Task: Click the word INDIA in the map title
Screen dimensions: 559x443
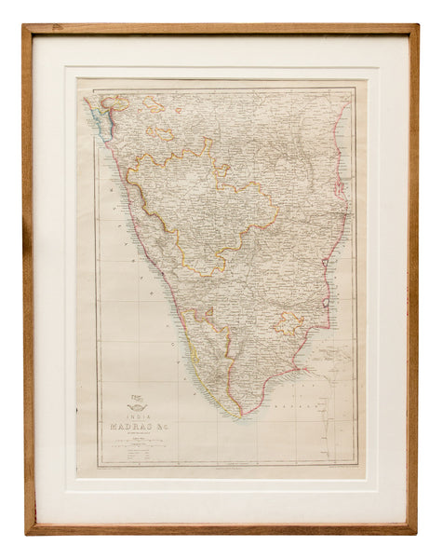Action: click(150, 417)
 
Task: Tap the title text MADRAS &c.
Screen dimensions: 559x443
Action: click(150, 428)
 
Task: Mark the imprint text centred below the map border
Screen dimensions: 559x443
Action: click(223, 471)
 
